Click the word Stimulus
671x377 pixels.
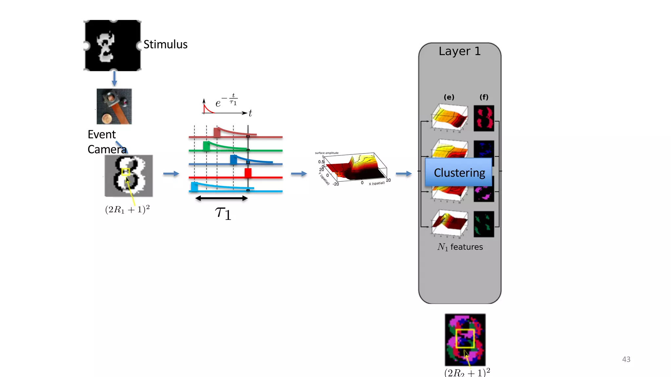pos(165,45)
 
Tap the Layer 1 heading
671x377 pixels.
pos(460,51)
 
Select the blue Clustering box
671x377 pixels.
pos(459,172)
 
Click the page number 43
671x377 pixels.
pos(626,359)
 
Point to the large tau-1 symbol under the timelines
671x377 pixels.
pos(223,213)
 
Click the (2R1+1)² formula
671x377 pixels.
pos(127,209)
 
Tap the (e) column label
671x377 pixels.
pos(449,97)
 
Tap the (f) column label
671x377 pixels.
pos(484,97)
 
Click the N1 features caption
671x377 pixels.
pos(460,247)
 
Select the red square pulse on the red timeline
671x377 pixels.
pos(248,172)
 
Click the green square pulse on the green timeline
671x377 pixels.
pos(206,146)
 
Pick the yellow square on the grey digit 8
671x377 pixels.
pos(125,172)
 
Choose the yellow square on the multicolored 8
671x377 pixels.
pos(465,339)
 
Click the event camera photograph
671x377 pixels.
pos(114,106)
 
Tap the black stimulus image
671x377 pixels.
pos(113,45)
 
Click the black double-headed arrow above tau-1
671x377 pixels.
pos(221,198)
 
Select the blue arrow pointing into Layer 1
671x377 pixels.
pos(404,173)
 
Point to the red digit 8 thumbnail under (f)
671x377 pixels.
pos(484,118)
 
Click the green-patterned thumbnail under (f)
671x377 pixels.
pos(484,224)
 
